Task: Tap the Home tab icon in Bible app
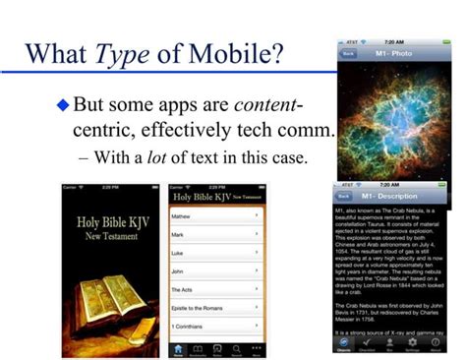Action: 178,348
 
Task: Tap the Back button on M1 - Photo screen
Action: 348,55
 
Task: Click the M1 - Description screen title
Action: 398,195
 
